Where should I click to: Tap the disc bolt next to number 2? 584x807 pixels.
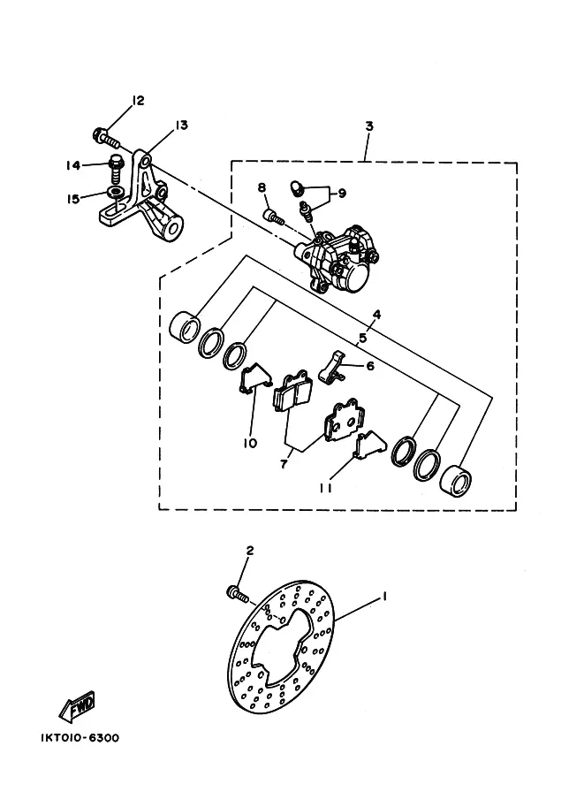point(237,595)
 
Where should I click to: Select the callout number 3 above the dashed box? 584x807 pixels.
point(369,126)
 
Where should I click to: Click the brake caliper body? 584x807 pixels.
point(337,260)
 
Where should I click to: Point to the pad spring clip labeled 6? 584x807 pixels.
point(330,367)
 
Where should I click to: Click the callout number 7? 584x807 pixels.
point(284,464)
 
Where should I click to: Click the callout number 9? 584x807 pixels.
point(342,194)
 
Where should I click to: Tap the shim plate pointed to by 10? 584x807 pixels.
point(255,379)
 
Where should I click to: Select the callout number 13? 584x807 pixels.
point(181,125)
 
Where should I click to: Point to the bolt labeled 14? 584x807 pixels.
point(115,167)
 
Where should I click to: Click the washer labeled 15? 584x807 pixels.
point(116,193)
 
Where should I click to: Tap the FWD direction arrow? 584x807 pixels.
point(77,705)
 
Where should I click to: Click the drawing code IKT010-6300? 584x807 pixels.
point(80,737)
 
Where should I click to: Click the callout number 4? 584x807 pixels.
point(376,315)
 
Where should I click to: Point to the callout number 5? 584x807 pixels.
point(363,339)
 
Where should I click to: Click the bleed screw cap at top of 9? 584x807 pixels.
point(297,187)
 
